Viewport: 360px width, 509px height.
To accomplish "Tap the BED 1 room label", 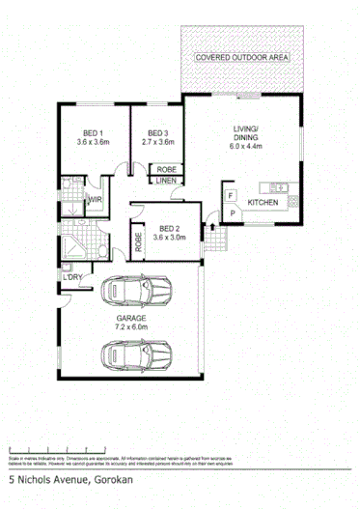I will pos(93,136).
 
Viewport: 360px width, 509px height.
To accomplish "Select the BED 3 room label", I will pos(158,136).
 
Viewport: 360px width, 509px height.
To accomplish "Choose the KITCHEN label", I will pos(263,203).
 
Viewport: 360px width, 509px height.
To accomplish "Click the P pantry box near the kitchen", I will pos(232,212).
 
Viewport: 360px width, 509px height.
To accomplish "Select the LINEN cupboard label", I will pos(166,180).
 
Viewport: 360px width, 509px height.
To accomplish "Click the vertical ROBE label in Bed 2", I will pos(139,240).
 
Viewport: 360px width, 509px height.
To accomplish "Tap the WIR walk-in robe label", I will pos(95,200).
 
